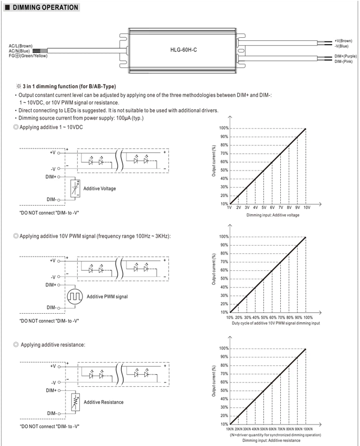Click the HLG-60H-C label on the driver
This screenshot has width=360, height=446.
(x=184, y=50)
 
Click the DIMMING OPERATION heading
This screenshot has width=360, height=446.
(x=45, y=7)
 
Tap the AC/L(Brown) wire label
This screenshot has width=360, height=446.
(x=20, y=46)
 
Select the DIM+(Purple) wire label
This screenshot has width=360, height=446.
(x=345, y=56)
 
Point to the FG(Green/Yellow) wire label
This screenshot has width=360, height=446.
(x=28, y=56)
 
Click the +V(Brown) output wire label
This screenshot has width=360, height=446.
(x=343, y=41)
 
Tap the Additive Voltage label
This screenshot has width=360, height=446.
(x=100, y=188)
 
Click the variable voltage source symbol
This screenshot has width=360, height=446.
(x=75, y=188)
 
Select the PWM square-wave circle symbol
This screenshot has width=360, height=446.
(x=75, y=296)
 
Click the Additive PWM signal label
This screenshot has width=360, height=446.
(x=107, y=296)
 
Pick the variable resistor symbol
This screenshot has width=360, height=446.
(x=76, y=402)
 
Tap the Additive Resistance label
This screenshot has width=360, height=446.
(x=103, y=402)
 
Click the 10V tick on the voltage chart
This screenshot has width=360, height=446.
(x=307, y=208)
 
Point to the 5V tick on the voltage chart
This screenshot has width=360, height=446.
(x=264, y=208)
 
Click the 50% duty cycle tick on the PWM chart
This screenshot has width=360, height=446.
(x=264, y=317)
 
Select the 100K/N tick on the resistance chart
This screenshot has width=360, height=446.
(x=308, y=429)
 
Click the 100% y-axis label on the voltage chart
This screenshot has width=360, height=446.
(x=224, y=128)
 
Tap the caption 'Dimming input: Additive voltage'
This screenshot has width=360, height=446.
(x=273, y=215)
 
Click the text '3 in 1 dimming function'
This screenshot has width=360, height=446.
(x=50, y=87)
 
